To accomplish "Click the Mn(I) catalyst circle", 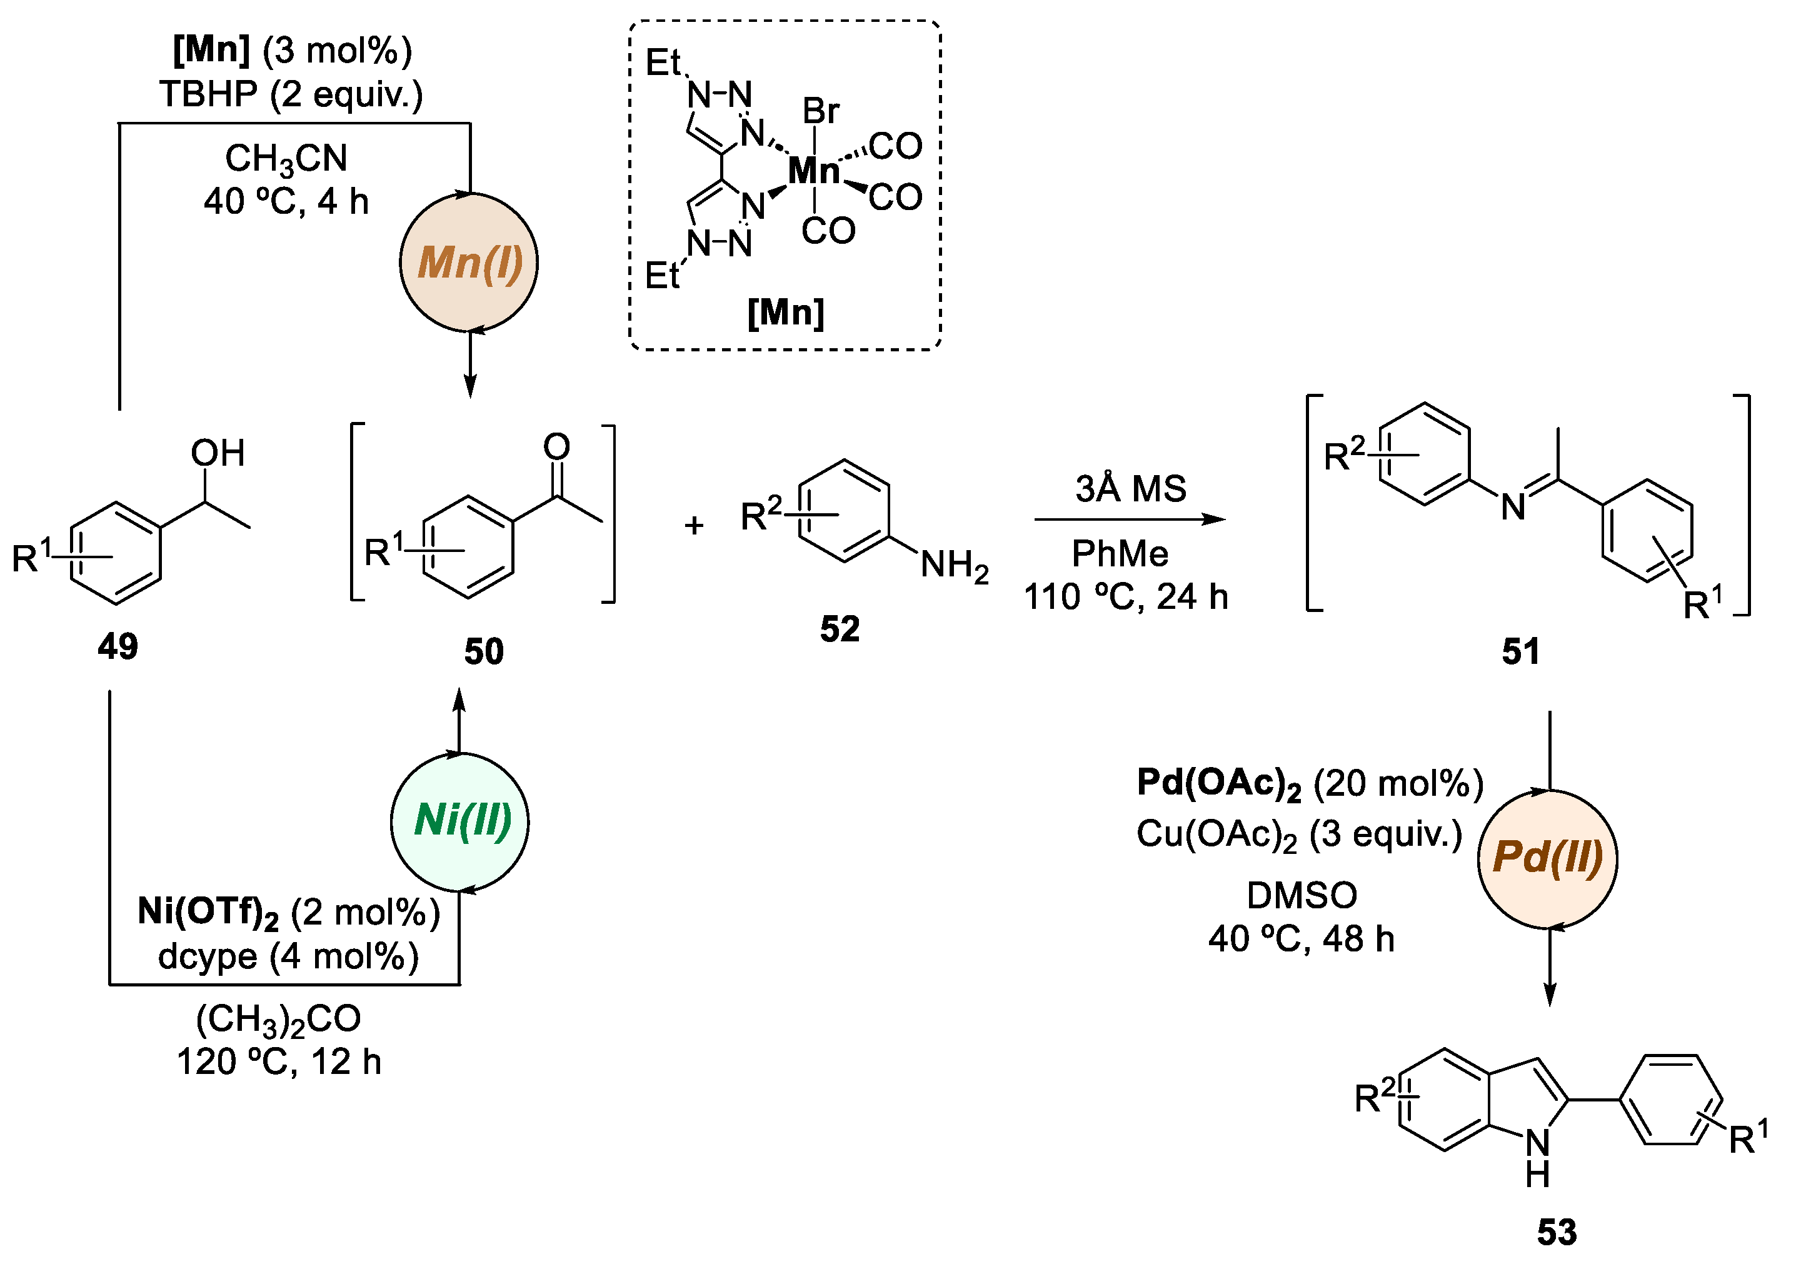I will pyautogui.click(x=469, y=263).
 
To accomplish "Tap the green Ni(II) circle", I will pyautogui.click(x=461, y=821).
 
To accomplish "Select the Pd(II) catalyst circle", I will pyautogui.click(x=1547, y=858).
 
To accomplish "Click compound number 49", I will pyautogui.click(x=118, y=647).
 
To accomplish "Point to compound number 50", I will pyautogui.click(x=483, y=651).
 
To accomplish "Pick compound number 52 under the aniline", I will pyautogui.click(x=840, y=629).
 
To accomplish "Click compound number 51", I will pyautogui.click(x=1520, y=651).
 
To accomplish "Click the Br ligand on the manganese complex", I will pyautogui.click(x=821, y=111).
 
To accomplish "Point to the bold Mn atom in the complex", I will pyautogui.click(x=813, y=171).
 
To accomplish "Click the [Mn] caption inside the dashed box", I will pyautogui.click(x=785, y=313).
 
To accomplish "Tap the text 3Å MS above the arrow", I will pyautogui.click(x=1130, y=489).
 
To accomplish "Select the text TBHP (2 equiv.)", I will pyautogui.click(x=291, y=94).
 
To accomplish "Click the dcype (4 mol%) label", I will pyautogui.click(x=288, y=956).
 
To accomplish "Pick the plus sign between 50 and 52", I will pyautogui.click(x=693, y=525).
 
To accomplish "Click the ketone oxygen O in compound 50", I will pyautogui.click(x=556, y=446).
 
